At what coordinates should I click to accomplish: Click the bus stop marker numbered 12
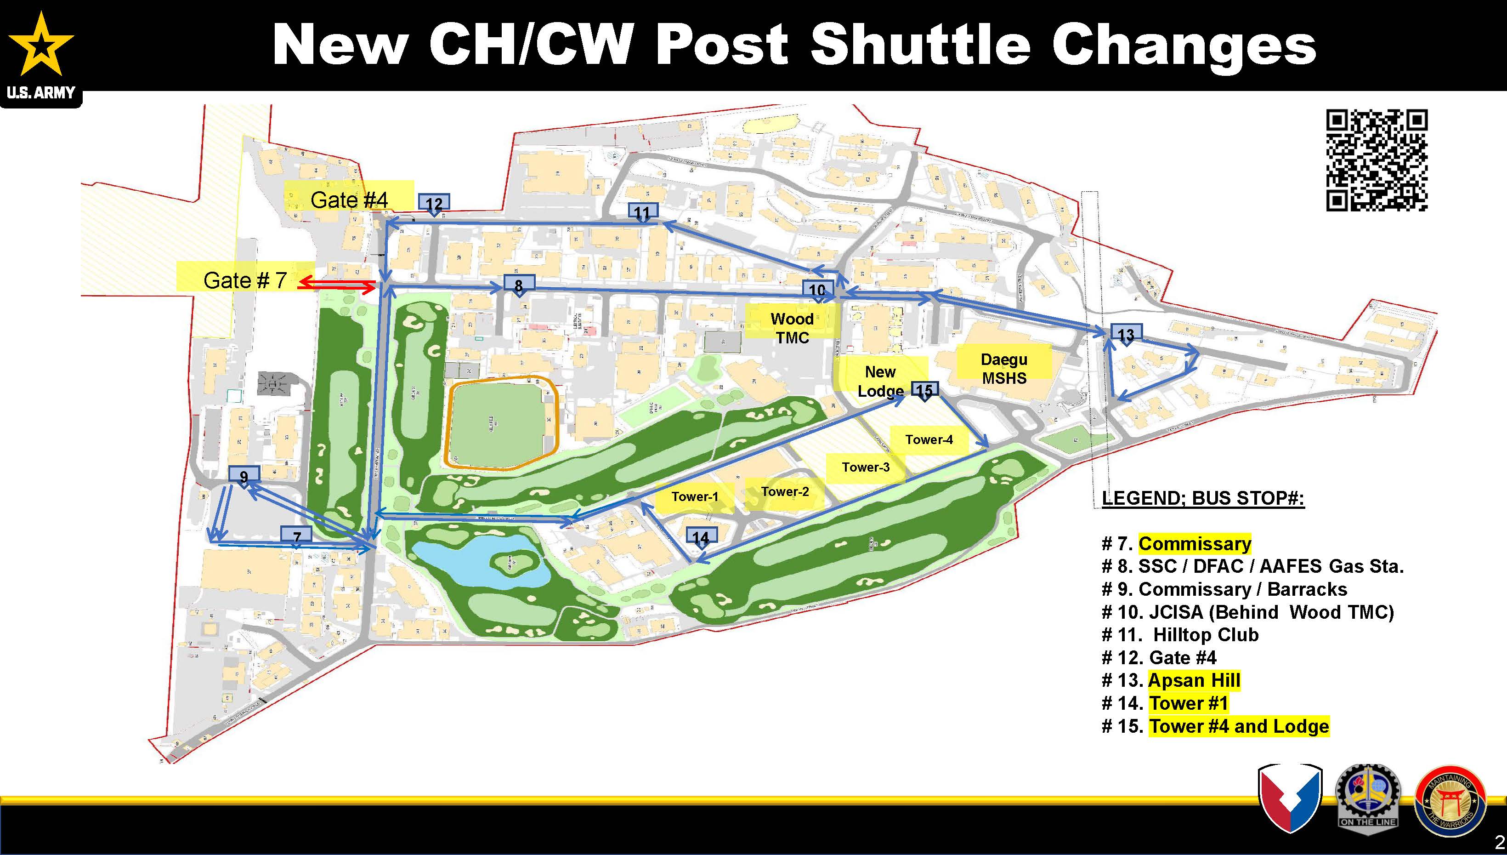[x=434, y=204]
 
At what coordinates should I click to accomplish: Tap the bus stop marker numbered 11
[x=643, y=212]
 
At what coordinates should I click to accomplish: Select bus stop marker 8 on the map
[x=519, y=285]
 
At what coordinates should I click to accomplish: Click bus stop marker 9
[x=244, y=476]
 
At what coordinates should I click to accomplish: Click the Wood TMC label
[x=792, y=328]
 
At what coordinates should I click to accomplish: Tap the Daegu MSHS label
[x=1003, y=368]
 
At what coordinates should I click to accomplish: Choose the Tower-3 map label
[x=866, y=467]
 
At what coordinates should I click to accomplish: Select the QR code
[x=1376, y=160]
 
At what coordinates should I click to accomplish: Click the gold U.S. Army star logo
[x=40, y=46]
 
